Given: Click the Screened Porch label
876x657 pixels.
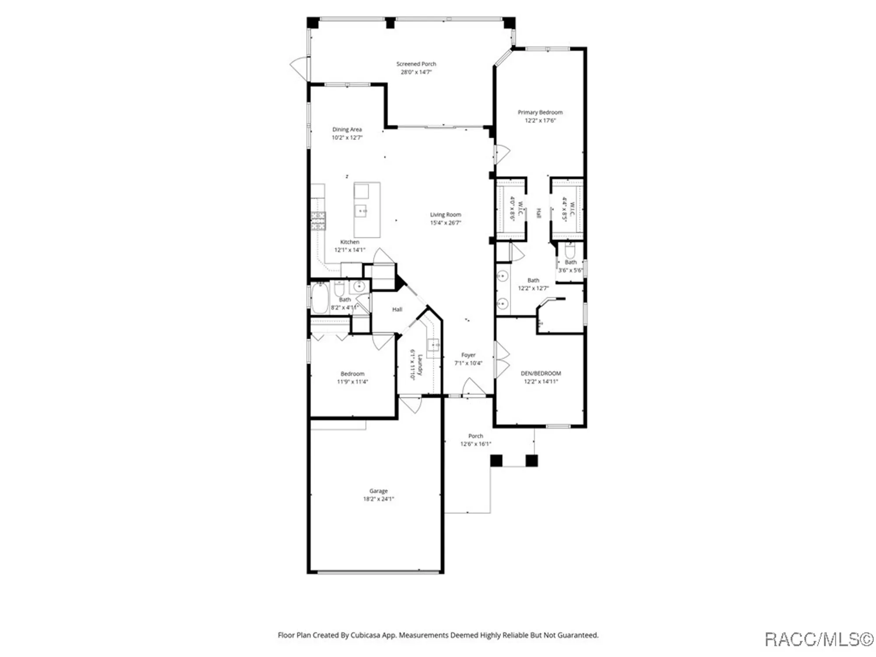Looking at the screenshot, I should pos(416,64).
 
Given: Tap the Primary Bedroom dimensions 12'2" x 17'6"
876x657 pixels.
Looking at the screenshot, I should pos(540,120).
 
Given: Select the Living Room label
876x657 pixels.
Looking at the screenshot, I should pos(445,215).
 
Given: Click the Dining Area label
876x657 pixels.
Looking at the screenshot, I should pos(347,129).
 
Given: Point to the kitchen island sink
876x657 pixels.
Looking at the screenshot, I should pos(360,211).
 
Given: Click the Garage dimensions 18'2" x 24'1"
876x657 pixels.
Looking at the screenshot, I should pos(378,499).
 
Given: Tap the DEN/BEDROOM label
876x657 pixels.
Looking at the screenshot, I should pos(540,373).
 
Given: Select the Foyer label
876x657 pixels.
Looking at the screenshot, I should pos(468,355).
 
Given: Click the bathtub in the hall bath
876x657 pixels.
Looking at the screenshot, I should pos(320,298).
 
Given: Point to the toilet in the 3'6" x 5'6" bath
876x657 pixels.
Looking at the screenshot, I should pos(570,251).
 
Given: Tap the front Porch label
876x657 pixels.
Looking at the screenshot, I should pos(476,436).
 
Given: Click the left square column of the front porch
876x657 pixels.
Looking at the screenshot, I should pos(496,460).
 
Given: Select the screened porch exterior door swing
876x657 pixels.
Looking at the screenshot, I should pos(300,68).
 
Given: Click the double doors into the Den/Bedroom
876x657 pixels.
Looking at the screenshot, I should pos(502,360).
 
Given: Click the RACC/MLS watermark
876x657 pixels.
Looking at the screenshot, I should pos(819,639).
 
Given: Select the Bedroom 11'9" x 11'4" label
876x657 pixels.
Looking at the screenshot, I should pos(352,374).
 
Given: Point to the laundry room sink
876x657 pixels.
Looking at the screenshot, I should pos(434,345).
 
